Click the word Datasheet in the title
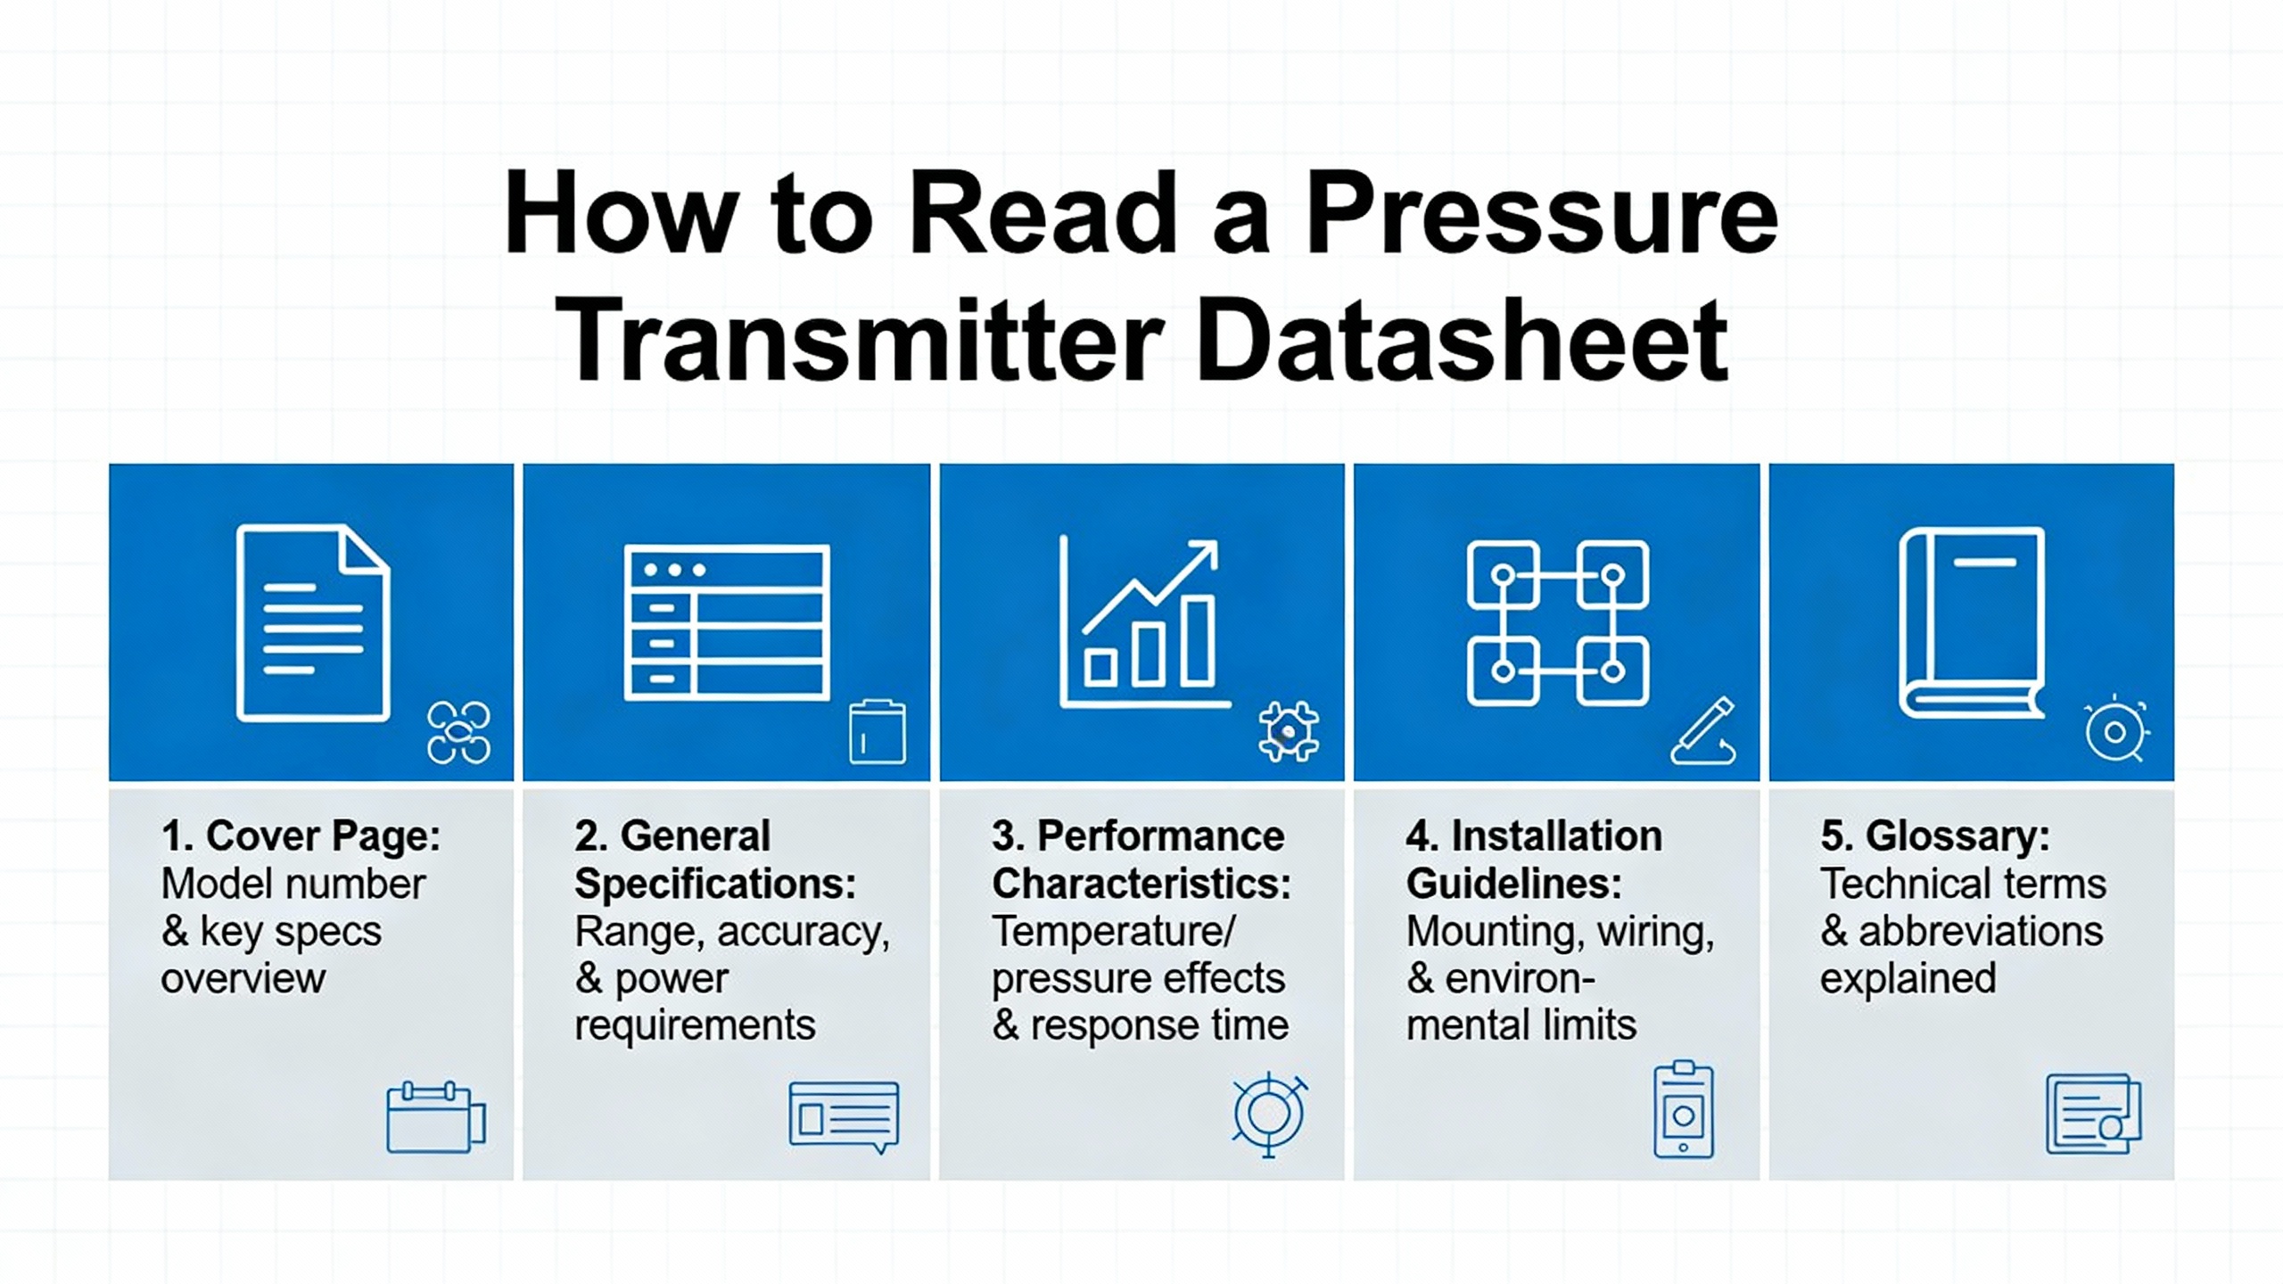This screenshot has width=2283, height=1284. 1463,341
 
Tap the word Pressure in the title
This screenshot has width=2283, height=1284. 1542,216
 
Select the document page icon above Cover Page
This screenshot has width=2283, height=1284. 313,622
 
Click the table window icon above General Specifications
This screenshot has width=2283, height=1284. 727,622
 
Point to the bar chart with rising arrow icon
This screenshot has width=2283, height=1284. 1144,622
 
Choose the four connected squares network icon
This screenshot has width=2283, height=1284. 1558,622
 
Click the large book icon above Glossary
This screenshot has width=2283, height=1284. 1973,622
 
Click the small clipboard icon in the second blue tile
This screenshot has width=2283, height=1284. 878,732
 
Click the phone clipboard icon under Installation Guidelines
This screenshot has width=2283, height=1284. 1684,1109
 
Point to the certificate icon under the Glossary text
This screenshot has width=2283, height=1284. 2093,1115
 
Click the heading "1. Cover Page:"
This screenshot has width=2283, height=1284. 301,836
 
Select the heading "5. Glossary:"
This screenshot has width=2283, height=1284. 1935,836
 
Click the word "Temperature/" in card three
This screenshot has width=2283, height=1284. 1114,932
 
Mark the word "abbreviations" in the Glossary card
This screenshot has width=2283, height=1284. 1981,931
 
